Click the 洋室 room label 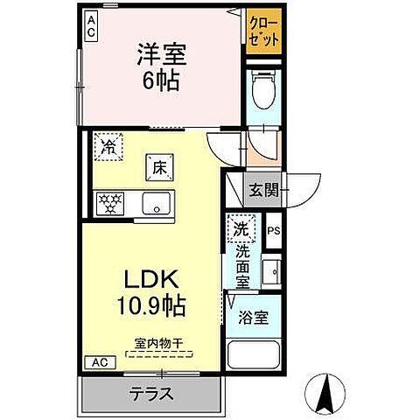(x=161, y=55)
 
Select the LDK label (x=150, y=280)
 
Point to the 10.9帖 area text (x=150, y=307)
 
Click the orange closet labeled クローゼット (x=263, y=32)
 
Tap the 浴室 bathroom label (x=254, y=318)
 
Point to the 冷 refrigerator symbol (x=108, y=144)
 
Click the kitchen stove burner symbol (x=111, y=205)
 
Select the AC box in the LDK (x=99, y=362)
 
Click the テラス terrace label (x=152, y=393)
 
